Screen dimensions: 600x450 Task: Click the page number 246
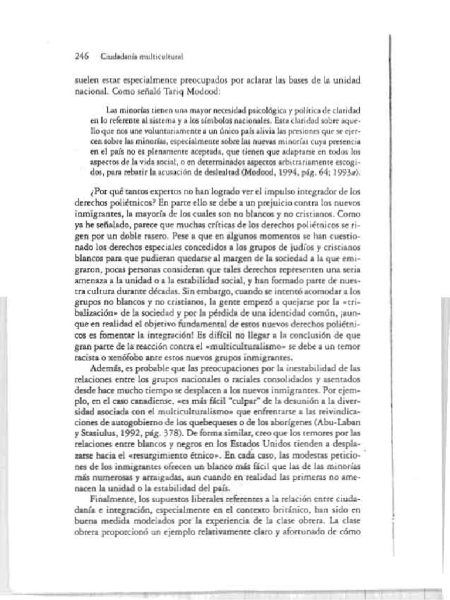(x=81, y=57)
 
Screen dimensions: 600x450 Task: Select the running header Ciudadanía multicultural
(x=142, y=57)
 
